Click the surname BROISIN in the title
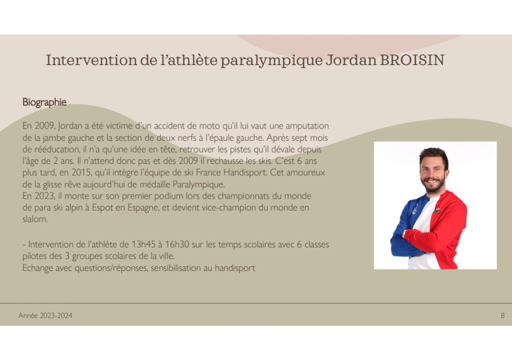click(412, 60)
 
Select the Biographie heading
click(45, 102)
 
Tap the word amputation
click(307, 126)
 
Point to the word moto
click(209, 126)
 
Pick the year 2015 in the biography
click(81, 172)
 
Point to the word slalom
click(35, 219)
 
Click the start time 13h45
click(143, 244)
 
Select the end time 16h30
click(177, 244)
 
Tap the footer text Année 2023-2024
click(46, 315)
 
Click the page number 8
click(503, 315)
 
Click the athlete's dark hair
click(434, 154)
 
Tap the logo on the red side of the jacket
click(437, 210)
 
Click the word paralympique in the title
click(271, 60)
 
